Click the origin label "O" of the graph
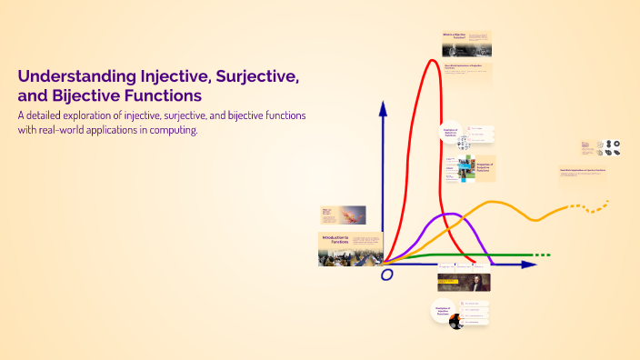(387, 274)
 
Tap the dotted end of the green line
(540, 255)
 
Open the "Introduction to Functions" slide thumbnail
(350, 249)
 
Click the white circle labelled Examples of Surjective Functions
(450, 133)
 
